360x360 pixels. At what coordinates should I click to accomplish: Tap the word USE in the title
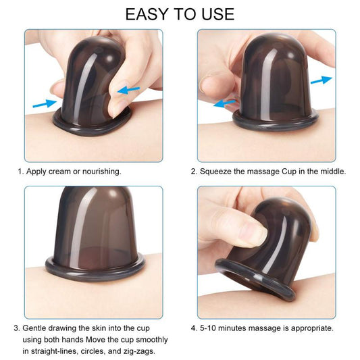pos(215,14)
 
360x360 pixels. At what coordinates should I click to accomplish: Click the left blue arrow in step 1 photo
pos(44,103)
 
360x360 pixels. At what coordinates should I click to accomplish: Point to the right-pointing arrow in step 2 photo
pos(322,80)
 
